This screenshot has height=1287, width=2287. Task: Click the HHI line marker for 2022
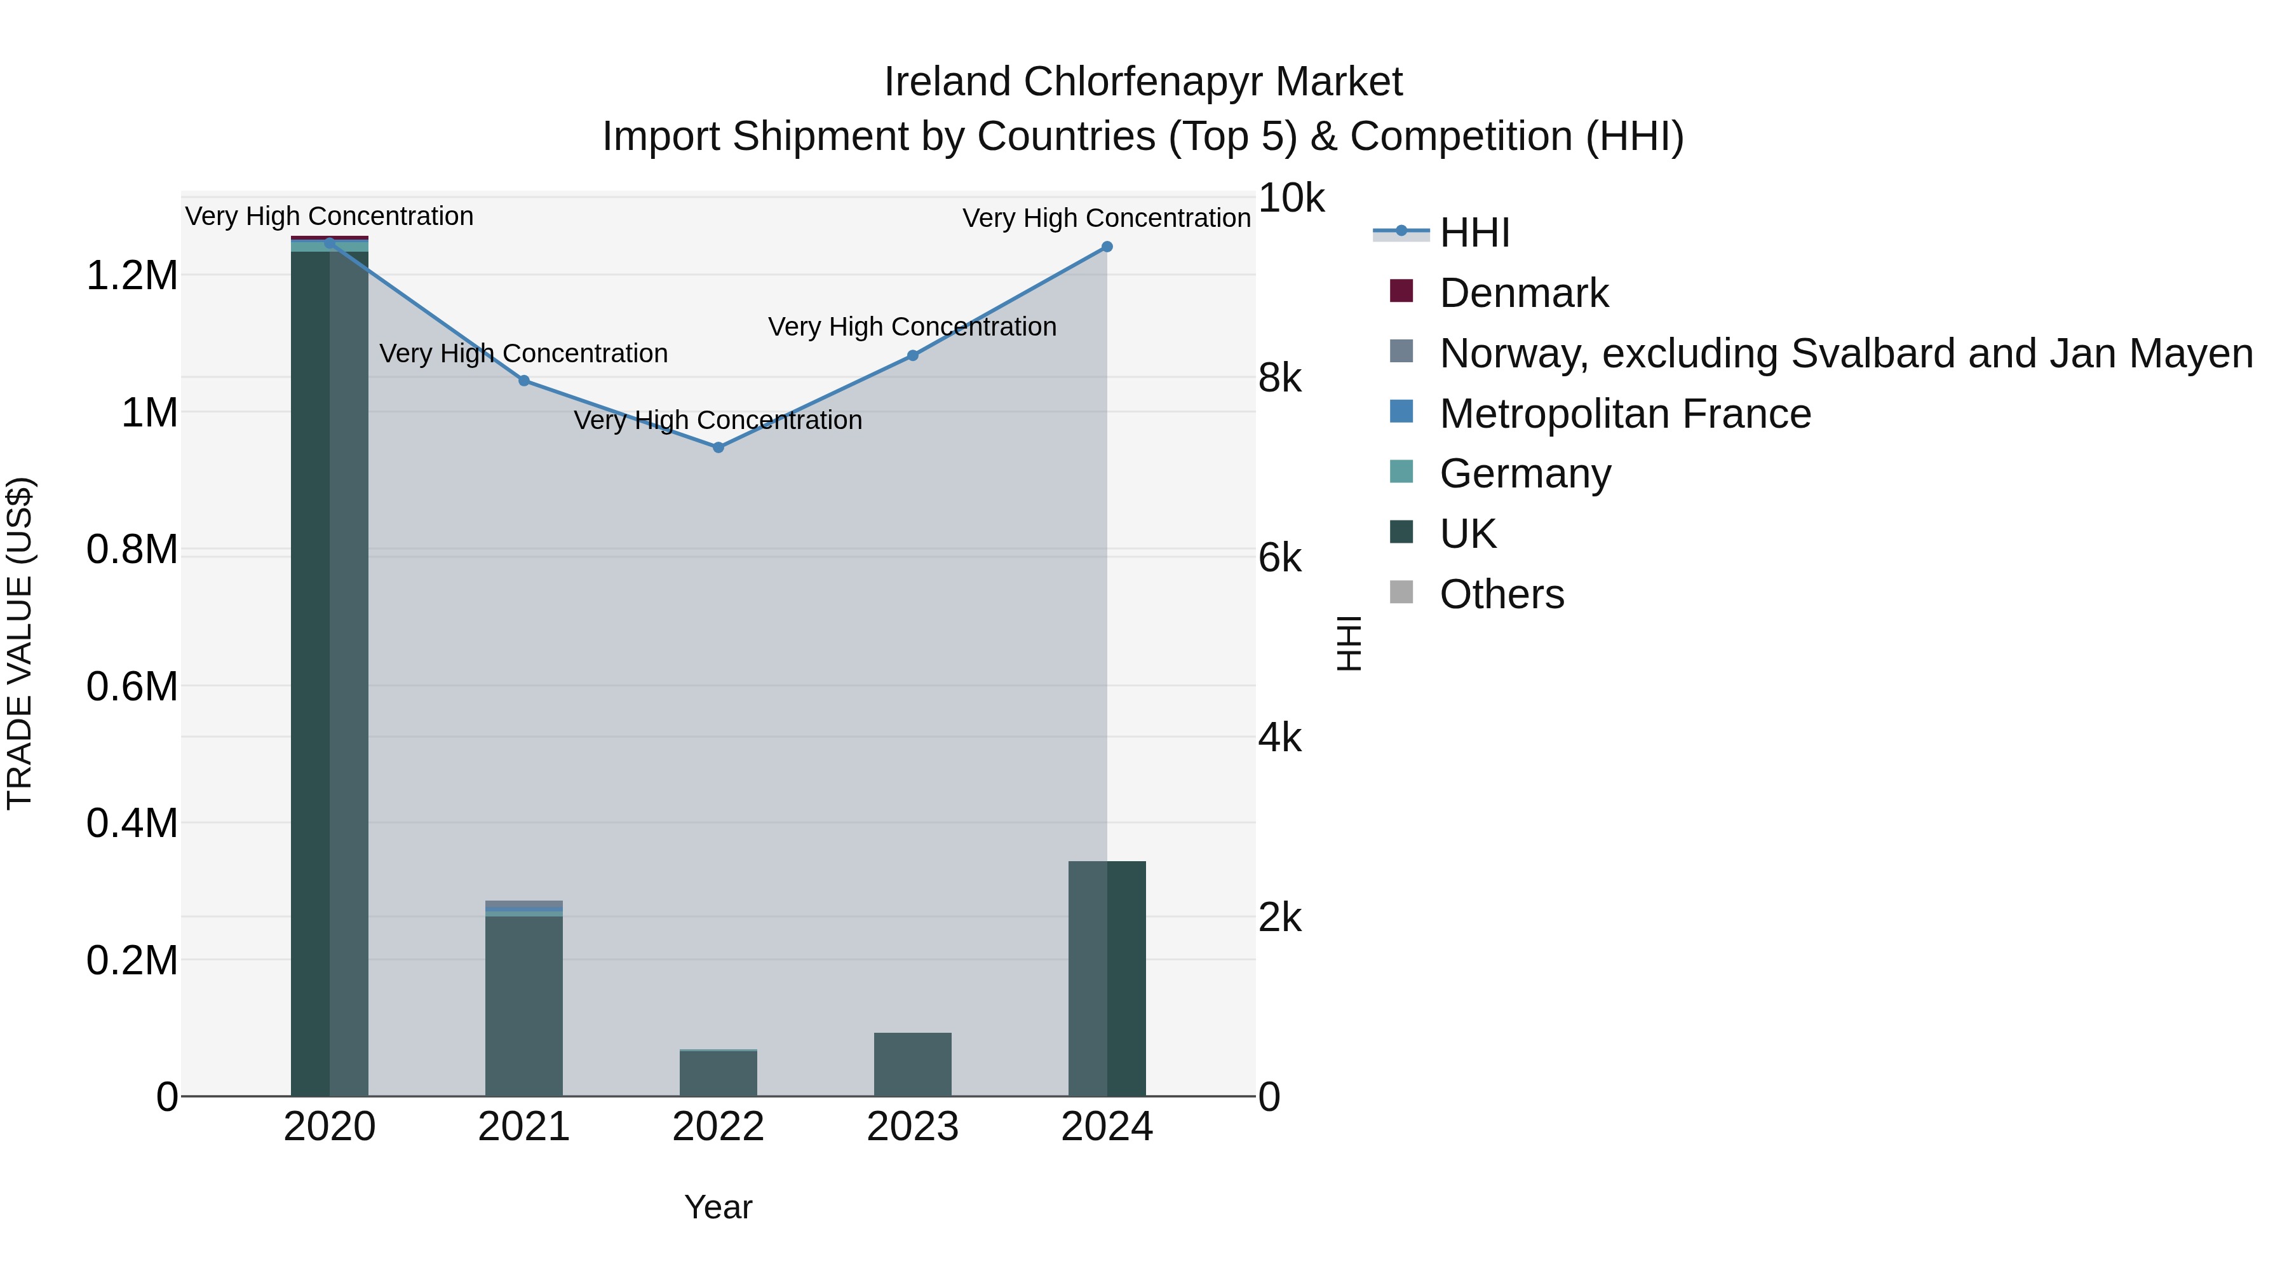coord(718,447)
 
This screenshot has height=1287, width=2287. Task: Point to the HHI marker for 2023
coord(913,355)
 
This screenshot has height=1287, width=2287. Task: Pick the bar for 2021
coord(524,1004)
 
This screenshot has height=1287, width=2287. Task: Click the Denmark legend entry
coord(1523,293)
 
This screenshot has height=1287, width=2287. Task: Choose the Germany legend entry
coord(1525,473)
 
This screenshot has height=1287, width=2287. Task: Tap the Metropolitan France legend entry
coord(1624,414)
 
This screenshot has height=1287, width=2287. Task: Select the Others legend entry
coord(1501,594)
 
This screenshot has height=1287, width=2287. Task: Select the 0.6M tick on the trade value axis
coord(132,686)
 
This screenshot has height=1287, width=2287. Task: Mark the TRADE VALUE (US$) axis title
coord(20,643)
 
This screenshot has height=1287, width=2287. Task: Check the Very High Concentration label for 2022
coord(718,420)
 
